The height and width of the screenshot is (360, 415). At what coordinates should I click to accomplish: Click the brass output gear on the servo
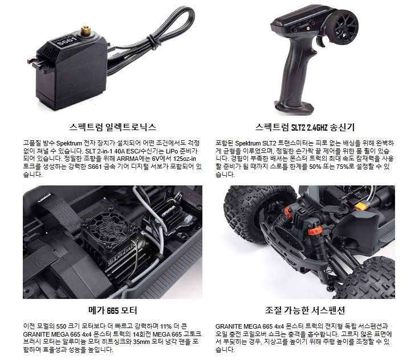pos(86,30)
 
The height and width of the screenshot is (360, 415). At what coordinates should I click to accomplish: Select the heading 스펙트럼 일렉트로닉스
pos(112,127)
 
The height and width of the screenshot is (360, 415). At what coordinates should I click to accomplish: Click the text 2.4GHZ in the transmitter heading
pos(317,128)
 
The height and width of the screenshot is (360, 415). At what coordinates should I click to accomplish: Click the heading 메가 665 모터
pos(112,310)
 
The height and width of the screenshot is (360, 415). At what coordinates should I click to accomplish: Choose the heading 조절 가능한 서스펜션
pos(305,310)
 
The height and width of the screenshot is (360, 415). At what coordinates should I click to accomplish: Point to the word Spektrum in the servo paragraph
pos(69,144)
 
